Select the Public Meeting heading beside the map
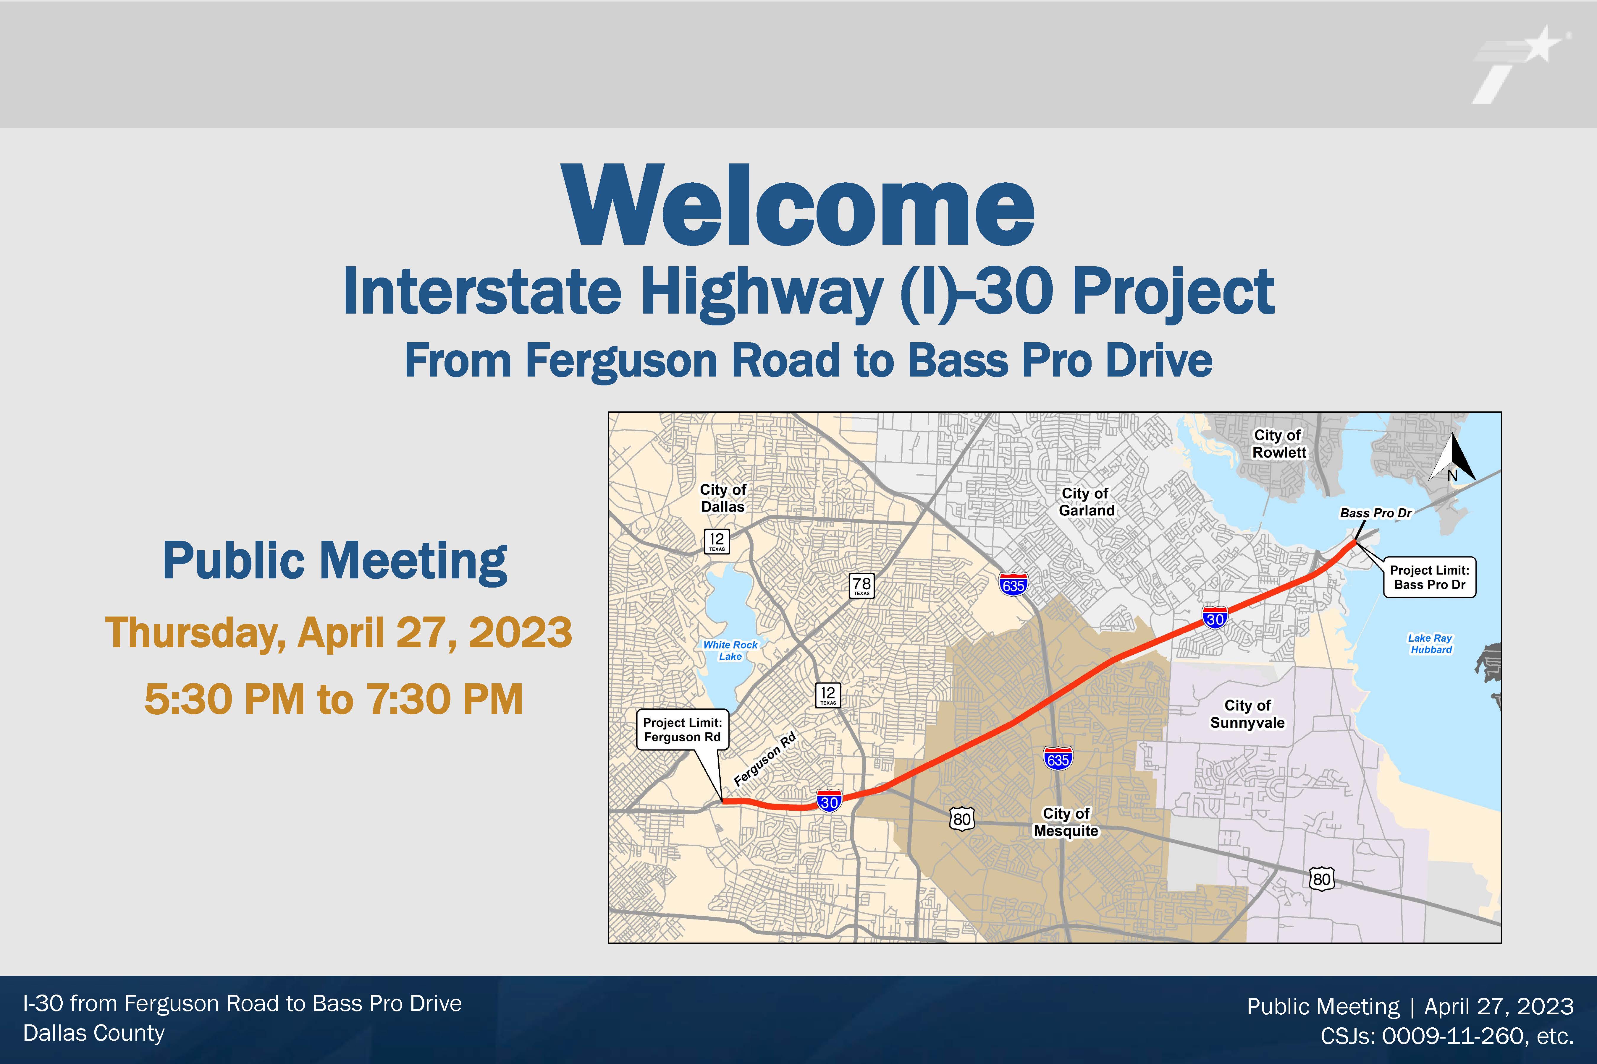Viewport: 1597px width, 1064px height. [x=335, y=562]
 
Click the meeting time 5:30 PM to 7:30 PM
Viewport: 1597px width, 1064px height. [x=333, y=699]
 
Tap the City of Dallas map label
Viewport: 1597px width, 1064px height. [x=723, y=498]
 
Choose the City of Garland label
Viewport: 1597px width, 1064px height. [x=1086, y=502]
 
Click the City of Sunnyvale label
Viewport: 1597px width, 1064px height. [x=1247, y=714]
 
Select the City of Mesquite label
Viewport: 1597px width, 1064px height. [x=1066, y=822]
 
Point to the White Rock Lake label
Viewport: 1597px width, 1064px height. [x=730, y=650]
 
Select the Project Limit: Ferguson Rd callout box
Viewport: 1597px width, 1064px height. [x=682, y=729]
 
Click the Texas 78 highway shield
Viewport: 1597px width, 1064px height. [x=862, y=585]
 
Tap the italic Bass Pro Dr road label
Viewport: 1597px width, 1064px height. [x=1376, y=513]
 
